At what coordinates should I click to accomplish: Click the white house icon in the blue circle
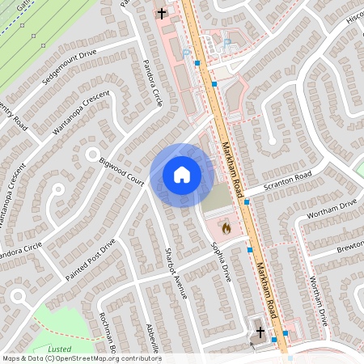pos(182,175)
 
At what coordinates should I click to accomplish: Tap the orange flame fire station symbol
pos(226,228)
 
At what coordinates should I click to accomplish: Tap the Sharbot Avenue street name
pos(175,273)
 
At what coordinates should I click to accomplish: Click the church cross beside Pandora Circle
pos(162,12)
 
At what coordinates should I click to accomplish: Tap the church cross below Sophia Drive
pos(260,332)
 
